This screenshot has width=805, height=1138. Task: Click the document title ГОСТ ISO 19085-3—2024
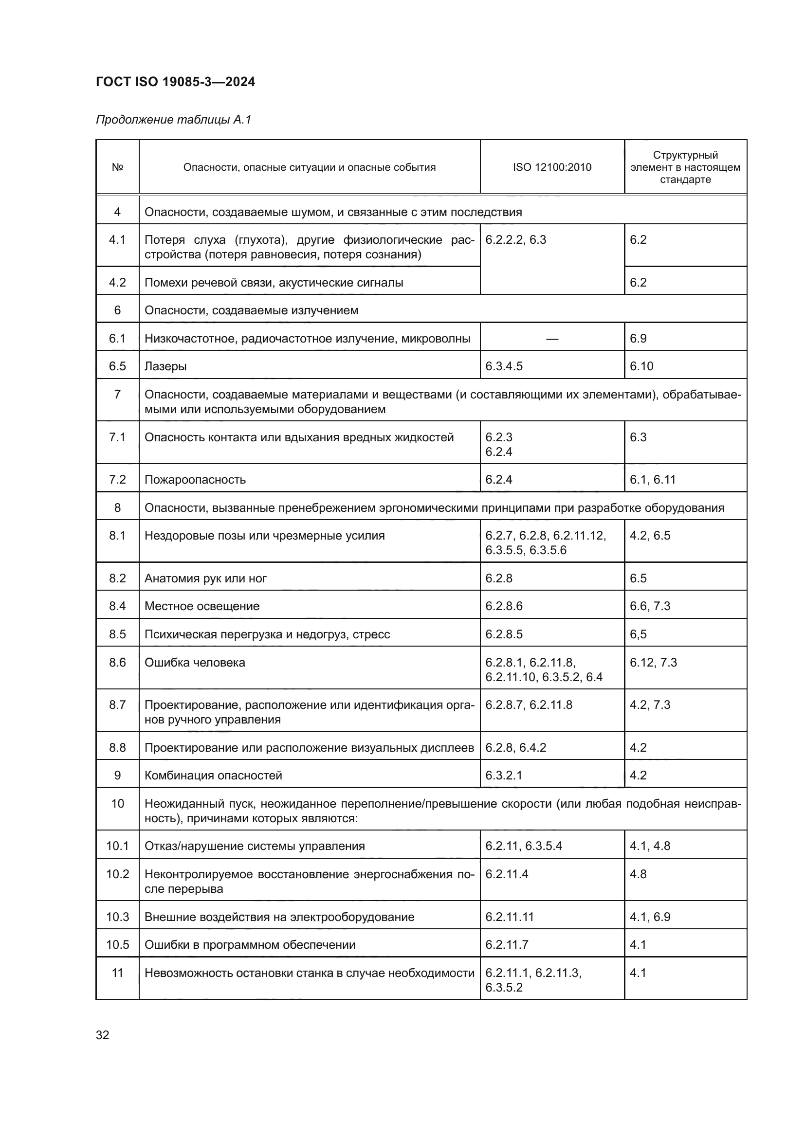(x=175, y=82)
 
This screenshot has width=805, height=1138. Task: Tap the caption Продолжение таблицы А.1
(x=173, y=120)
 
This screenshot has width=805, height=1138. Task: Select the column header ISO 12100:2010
(x=552, y=167)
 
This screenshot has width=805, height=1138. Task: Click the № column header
(x=117, y=167)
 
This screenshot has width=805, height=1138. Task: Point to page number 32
(x=103, y=1035)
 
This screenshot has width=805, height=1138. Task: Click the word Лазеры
(x=165, y=366)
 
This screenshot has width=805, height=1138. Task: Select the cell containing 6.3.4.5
(x=504, y=366)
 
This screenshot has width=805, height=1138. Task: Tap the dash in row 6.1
(x=552, y=339)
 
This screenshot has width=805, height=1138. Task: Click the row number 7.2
(x=117, y=479)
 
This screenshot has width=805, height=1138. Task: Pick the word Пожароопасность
(x=195, y=480)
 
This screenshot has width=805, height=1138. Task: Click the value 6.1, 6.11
(x=652, y=479)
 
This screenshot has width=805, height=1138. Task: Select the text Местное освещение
(x=202, y=606)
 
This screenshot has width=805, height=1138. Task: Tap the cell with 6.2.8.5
(x=504, y=634)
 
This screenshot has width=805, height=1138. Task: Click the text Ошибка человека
(x=195, y=663)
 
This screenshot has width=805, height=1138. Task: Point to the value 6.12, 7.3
(x=653, y=663)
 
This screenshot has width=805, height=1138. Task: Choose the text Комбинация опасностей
(x=213, y=776)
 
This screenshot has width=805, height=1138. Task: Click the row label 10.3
(x=117, y=917)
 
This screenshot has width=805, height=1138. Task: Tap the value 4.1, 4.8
(x=650, y=846)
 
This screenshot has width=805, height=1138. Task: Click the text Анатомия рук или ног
(x=205, y=578)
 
